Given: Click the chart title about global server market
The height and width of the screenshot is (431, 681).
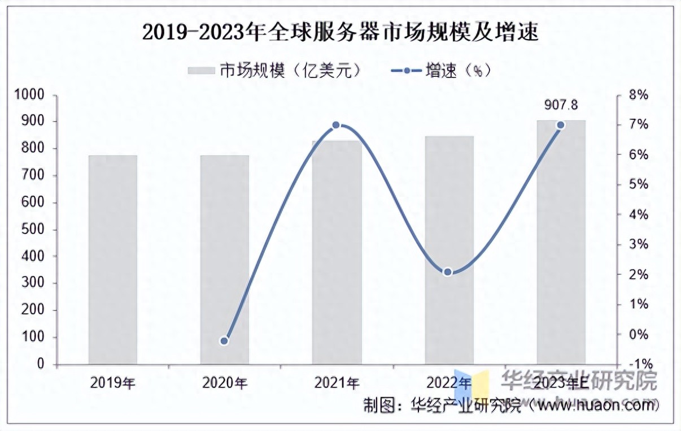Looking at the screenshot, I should coord(340,32).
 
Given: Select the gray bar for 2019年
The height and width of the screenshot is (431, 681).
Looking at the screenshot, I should coord(113,260).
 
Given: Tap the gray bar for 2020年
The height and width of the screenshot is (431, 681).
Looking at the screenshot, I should coord(225,260).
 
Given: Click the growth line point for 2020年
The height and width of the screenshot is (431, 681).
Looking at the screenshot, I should coord(224,341).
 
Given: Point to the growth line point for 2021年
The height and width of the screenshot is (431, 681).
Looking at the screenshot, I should coord(336,125).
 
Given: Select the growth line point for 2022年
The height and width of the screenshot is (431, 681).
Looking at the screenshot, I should coord(448,272).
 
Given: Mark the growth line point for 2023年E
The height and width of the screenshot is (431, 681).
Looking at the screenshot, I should coord(560,125).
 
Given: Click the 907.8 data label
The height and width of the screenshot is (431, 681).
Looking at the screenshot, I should coord(561,105).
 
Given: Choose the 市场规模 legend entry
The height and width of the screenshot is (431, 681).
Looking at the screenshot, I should coord(274,71).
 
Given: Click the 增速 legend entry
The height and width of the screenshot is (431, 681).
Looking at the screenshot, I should coord(440,71).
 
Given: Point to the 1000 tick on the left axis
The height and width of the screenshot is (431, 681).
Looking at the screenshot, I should coord(32,95).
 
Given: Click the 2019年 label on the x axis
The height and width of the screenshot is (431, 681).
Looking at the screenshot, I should coord(113,383).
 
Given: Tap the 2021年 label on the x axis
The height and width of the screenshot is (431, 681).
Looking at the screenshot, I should coord(337,383).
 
